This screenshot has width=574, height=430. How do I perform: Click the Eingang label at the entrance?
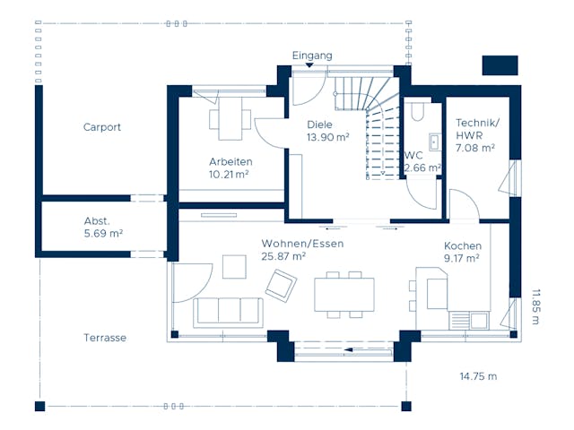tap(312, 56)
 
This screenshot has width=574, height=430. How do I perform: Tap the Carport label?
tap(101, 127)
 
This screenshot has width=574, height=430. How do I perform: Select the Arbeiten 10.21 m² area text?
tap(229, 168)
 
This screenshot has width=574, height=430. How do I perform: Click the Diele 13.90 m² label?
tap(326, 131)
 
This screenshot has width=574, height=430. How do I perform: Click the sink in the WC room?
tap(434, 142)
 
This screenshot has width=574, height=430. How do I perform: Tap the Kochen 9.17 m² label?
tap(462, 252)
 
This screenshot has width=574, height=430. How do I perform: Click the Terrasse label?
tap(105, 338)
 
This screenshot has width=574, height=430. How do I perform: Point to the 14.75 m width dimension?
tap(478, 376)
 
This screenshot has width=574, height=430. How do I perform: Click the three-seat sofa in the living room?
tap(229, 309)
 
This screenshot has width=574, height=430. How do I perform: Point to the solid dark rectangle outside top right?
tap(500, 65)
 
